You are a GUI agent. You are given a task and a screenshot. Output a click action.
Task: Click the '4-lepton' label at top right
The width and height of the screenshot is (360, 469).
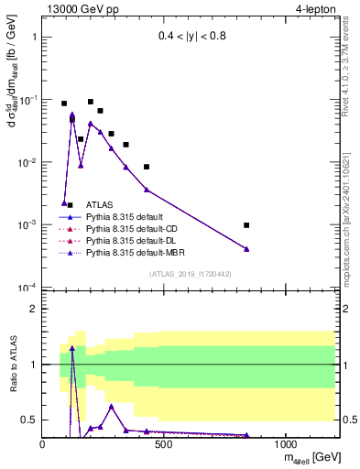pyautogui.click(x=317, y=9)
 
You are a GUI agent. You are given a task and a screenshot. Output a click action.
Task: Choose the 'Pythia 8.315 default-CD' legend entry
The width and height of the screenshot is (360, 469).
pyautogui.click(x=125, y=241)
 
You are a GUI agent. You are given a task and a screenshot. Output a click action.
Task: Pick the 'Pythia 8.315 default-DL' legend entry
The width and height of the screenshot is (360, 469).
pyautogui.click(x=125, y=253)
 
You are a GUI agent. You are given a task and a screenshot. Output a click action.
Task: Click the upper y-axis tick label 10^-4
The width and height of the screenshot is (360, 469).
pyautogui.click(x=25, y=288)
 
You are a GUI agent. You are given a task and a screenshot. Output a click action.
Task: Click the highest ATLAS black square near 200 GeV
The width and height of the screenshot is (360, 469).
pyautogui.click(x=91, y=102)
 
